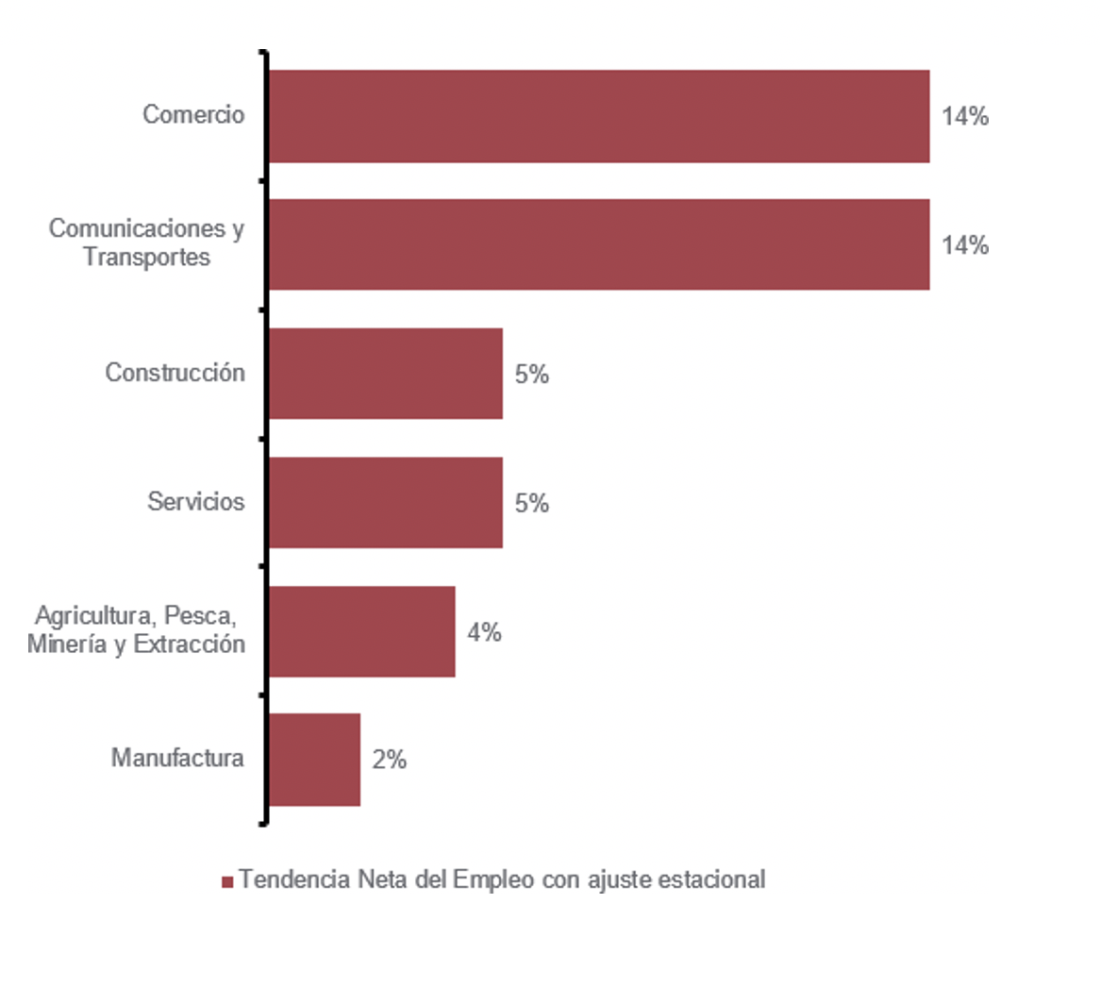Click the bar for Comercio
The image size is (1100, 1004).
pyautogui.click(x=599, y=116)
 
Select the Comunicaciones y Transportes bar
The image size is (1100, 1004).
pyautogui.click(x=599, y=244)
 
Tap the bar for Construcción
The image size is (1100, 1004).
pyautogui.click(x=386, y=374)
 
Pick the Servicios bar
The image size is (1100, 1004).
pyautogui.click(x=386, y=502)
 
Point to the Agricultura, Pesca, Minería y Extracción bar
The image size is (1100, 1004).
pyautogui.click(x=362, y=631)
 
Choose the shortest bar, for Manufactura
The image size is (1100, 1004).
pyautogui.click(x=315, y=760)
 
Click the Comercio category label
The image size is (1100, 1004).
pyautogui.click(x=193, y=114)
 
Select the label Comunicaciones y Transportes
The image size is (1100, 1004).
pyautogui.click(x=146, y=243)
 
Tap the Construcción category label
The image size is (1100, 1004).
pyautogui.click(x=175, y=373)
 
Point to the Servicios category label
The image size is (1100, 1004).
pyautogui.click(x=195, y=501)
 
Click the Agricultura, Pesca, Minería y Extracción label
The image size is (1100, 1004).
pyautogui.click(x=136, y=629)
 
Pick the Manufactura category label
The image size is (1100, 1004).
pyautogui.click(x=177, y=758)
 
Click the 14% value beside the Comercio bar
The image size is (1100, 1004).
pyautogui.click(x=964, y=116)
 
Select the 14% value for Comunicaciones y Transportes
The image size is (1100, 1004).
pyautogui.click(x=964, y=245)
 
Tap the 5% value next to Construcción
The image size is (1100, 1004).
pyautogui.click(x=531, y=375)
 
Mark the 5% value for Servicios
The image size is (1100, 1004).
pyautogui.click(x=531, y=503)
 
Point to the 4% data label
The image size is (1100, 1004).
pyautogui.click(x=484, y=632)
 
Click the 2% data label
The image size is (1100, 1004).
pyautogui.click(x=389, y=760)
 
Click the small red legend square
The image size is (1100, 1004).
pyautogui.click(x=226, y=881)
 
